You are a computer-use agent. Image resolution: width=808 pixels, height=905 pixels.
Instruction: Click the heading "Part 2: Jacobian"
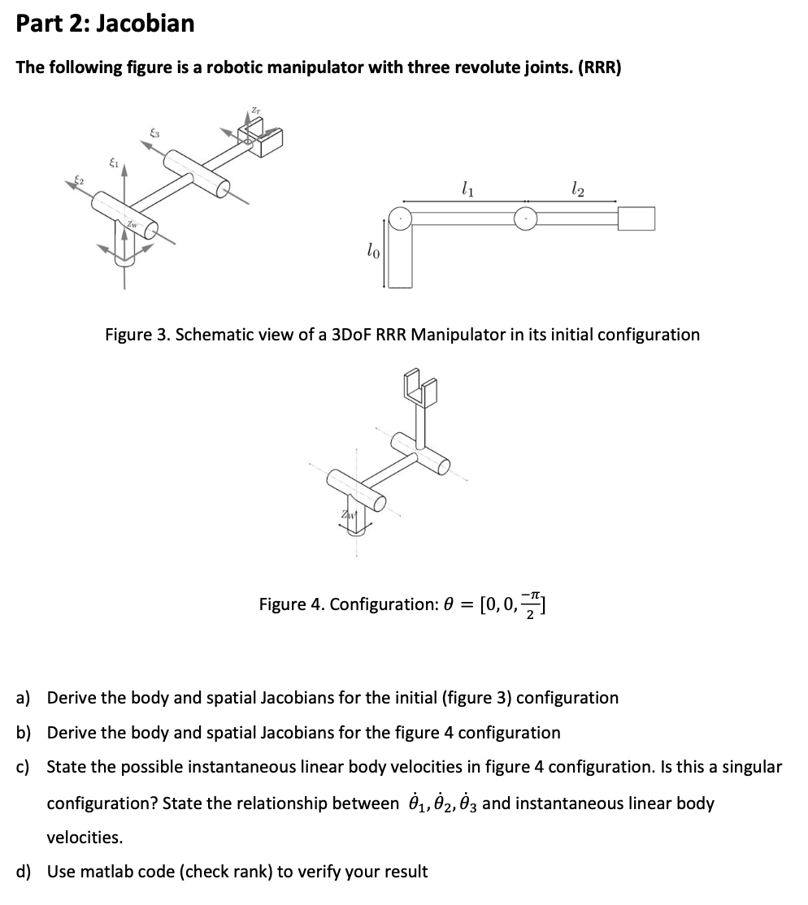click(105, 24)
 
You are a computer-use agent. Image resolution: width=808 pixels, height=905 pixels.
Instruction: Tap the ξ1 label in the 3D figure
click(115, 165)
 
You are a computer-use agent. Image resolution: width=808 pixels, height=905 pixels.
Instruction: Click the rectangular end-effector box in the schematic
click(636, 219)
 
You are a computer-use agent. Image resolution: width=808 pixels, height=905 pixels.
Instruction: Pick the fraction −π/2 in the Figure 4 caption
click(532, 604)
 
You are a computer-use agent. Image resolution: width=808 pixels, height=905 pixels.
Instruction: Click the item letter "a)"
click(24, 698)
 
